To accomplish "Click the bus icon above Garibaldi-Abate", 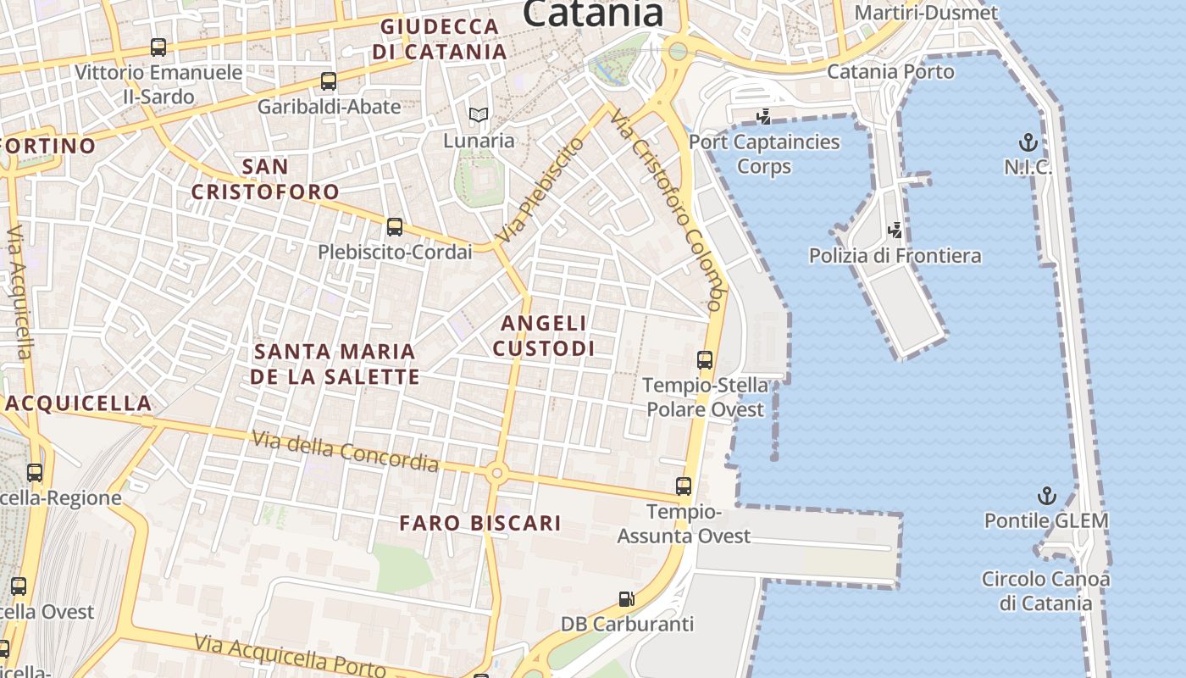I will [329, 81].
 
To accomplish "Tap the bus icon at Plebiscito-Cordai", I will [395, 227].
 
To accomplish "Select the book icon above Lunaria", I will [479, 114].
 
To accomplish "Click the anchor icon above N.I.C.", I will [1028, 142].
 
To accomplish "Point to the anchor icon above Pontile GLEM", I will [1047, 496].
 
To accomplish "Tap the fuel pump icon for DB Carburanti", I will [626, 599].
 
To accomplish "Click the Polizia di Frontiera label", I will [895, 255].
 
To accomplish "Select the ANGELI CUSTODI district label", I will [543, 336].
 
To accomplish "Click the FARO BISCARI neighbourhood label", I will [480, 523].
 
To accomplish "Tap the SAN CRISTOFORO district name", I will [265, 179].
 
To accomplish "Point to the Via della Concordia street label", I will [346, 450].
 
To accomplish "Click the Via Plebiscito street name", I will [540, 191].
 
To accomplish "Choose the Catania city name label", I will [592, 14].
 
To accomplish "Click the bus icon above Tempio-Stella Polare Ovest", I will [705, 360].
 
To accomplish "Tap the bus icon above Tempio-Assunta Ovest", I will [684, 486].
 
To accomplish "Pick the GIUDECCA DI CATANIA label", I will [439, 39].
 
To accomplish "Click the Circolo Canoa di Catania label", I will [1045, 591].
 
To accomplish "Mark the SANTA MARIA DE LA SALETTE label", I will [335, 364].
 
